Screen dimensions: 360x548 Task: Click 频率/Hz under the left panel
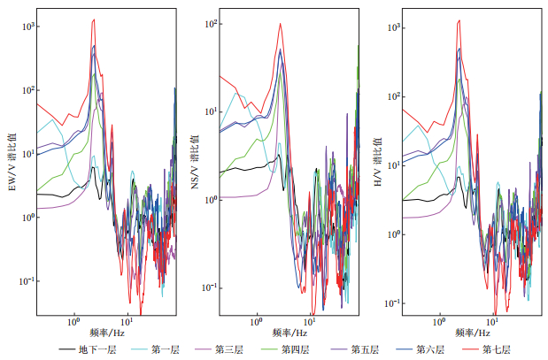(x=105, y=333)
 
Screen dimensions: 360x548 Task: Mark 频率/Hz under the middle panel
(x=289, y=333)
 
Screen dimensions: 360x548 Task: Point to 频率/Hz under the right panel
(x=472, y=333)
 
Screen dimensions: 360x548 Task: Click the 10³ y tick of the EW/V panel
(x=27, y=27)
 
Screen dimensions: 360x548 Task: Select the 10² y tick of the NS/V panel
(x=211, y=24)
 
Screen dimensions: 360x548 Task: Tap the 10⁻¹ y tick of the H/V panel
(x=393, y=303)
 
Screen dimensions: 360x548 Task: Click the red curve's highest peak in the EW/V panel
(x=93, y=19)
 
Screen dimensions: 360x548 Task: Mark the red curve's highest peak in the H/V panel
(x=459, y=20)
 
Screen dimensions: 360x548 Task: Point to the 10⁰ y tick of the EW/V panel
(x=27, y=218)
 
